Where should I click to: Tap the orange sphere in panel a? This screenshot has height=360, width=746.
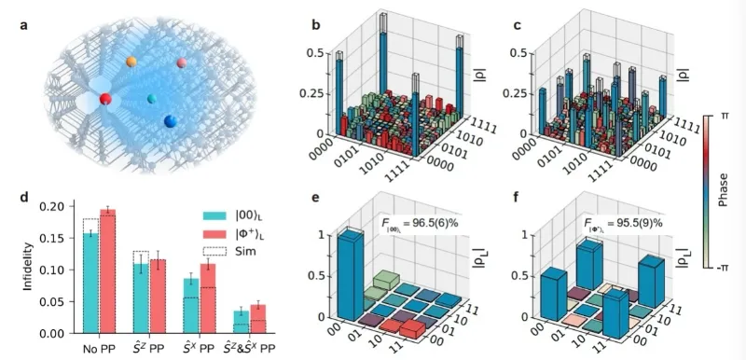(x=131, y=62)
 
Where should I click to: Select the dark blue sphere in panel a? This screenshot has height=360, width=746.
(x=170, y=122)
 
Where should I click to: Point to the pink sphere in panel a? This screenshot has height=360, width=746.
(x=183, y=63)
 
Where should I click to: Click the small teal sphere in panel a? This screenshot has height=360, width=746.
(x=152, y=98)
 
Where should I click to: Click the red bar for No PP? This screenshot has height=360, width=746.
(x=107, y=270)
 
